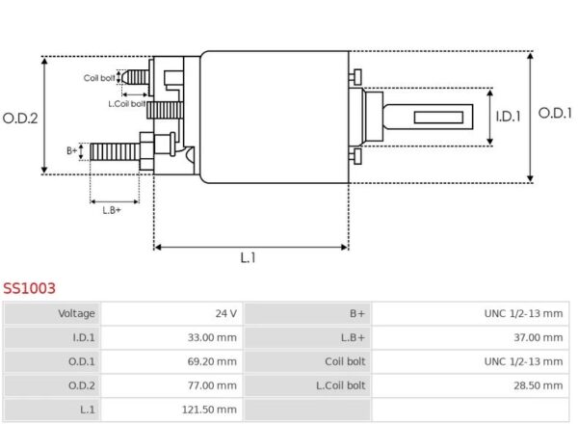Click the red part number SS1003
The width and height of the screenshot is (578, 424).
point(29,288)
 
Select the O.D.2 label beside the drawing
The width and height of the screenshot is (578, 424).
point(20,119)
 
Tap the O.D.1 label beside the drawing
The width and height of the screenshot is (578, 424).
point(555,113)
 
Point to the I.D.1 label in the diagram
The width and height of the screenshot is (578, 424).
point(508,117)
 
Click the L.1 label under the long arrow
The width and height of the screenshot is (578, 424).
point(249,257)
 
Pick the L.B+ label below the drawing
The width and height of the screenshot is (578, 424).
point(112,210)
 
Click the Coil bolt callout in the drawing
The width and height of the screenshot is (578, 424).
point(99,78)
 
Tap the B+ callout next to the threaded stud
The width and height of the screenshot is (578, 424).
point(72,150)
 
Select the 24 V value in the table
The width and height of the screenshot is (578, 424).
point(226,313)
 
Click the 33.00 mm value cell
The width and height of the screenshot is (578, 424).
point(212,337)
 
